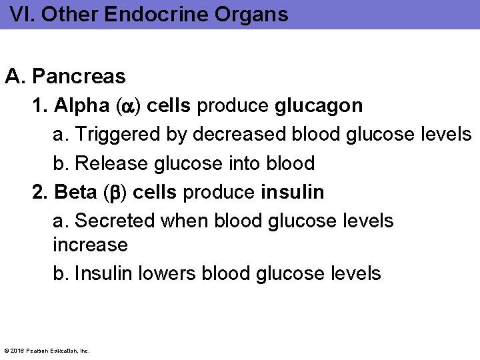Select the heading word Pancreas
tap(79, 77)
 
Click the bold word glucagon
tap(319, 105)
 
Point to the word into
tap(246, 163)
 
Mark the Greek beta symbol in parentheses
tap(115, 193)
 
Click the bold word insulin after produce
tap(293, 192)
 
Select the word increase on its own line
tap(90, 245)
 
